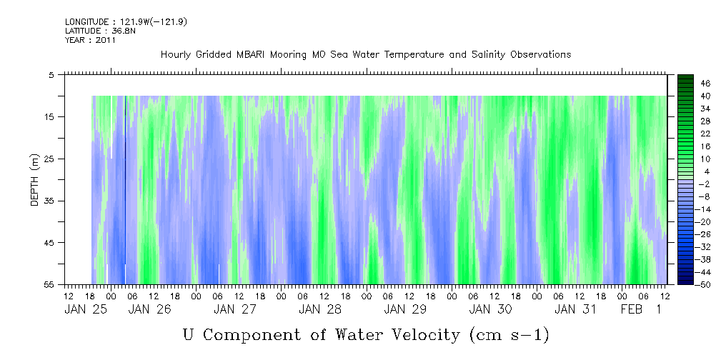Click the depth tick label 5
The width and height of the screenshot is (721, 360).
click(x=51, y=74)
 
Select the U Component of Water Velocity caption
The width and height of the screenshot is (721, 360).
click(x=365, y=334)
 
